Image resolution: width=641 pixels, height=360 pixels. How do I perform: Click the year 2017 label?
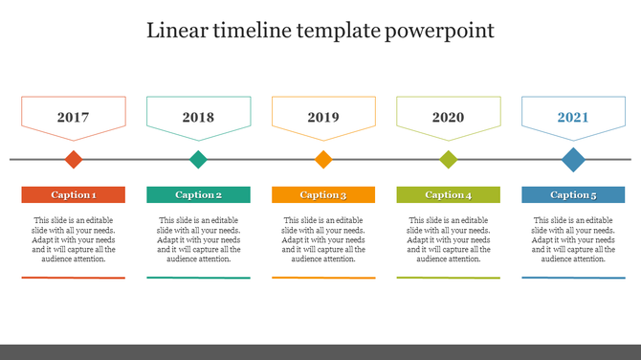pyautogui.click(x=73, y=118)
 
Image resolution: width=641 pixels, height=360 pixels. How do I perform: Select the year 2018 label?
pyautogui.click(x=198, y=118)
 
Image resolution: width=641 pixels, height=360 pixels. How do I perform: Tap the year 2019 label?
pyautogui.click(x=323, y=118)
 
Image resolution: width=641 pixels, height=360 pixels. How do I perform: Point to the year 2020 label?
pyautogui.click(x=448, y=118)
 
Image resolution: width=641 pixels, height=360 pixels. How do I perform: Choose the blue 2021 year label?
pyautogui.click(x=573, y=118)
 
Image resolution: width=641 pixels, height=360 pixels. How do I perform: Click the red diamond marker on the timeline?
pyautogui.click(x=74, y=159)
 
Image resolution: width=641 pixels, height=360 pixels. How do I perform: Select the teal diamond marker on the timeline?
pyautogui.click(x=198, y=159)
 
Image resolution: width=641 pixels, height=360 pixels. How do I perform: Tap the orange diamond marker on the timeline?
pyautogui.click(x=323, y=159)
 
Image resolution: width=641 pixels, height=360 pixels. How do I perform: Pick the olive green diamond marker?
pyautogui.click(x=449, y=159)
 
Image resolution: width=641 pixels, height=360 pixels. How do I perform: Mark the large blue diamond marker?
pyautogui.click(x=573, y=159)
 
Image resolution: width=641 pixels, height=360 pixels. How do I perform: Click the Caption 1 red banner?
pyautogui.click(x=74, y=194)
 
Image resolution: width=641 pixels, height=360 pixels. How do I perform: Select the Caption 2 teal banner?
pyautogui.click(x=198, y=194)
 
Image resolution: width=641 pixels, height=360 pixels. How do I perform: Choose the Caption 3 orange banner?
pyautogui.click(x=323, y=194)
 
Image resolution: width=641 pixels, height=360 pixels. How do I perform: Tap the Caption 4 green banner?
pyautogui.click(x=449, y=194)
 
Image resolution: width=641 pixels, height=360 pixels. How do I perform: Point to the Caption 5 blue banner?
pyautogui.click(x=573, y=194)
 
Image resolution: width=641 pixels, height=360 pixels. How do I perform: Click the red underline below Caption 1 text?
pyautogui.click(x=74, y=278)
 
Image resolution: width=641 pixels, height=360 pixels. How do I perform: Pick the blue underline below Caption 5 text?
pyautogui.click(x=573, y=278)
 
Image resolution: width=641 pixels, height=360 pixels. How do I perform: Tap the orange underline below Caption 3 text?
pyautogui.click(x=323, y=278)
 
